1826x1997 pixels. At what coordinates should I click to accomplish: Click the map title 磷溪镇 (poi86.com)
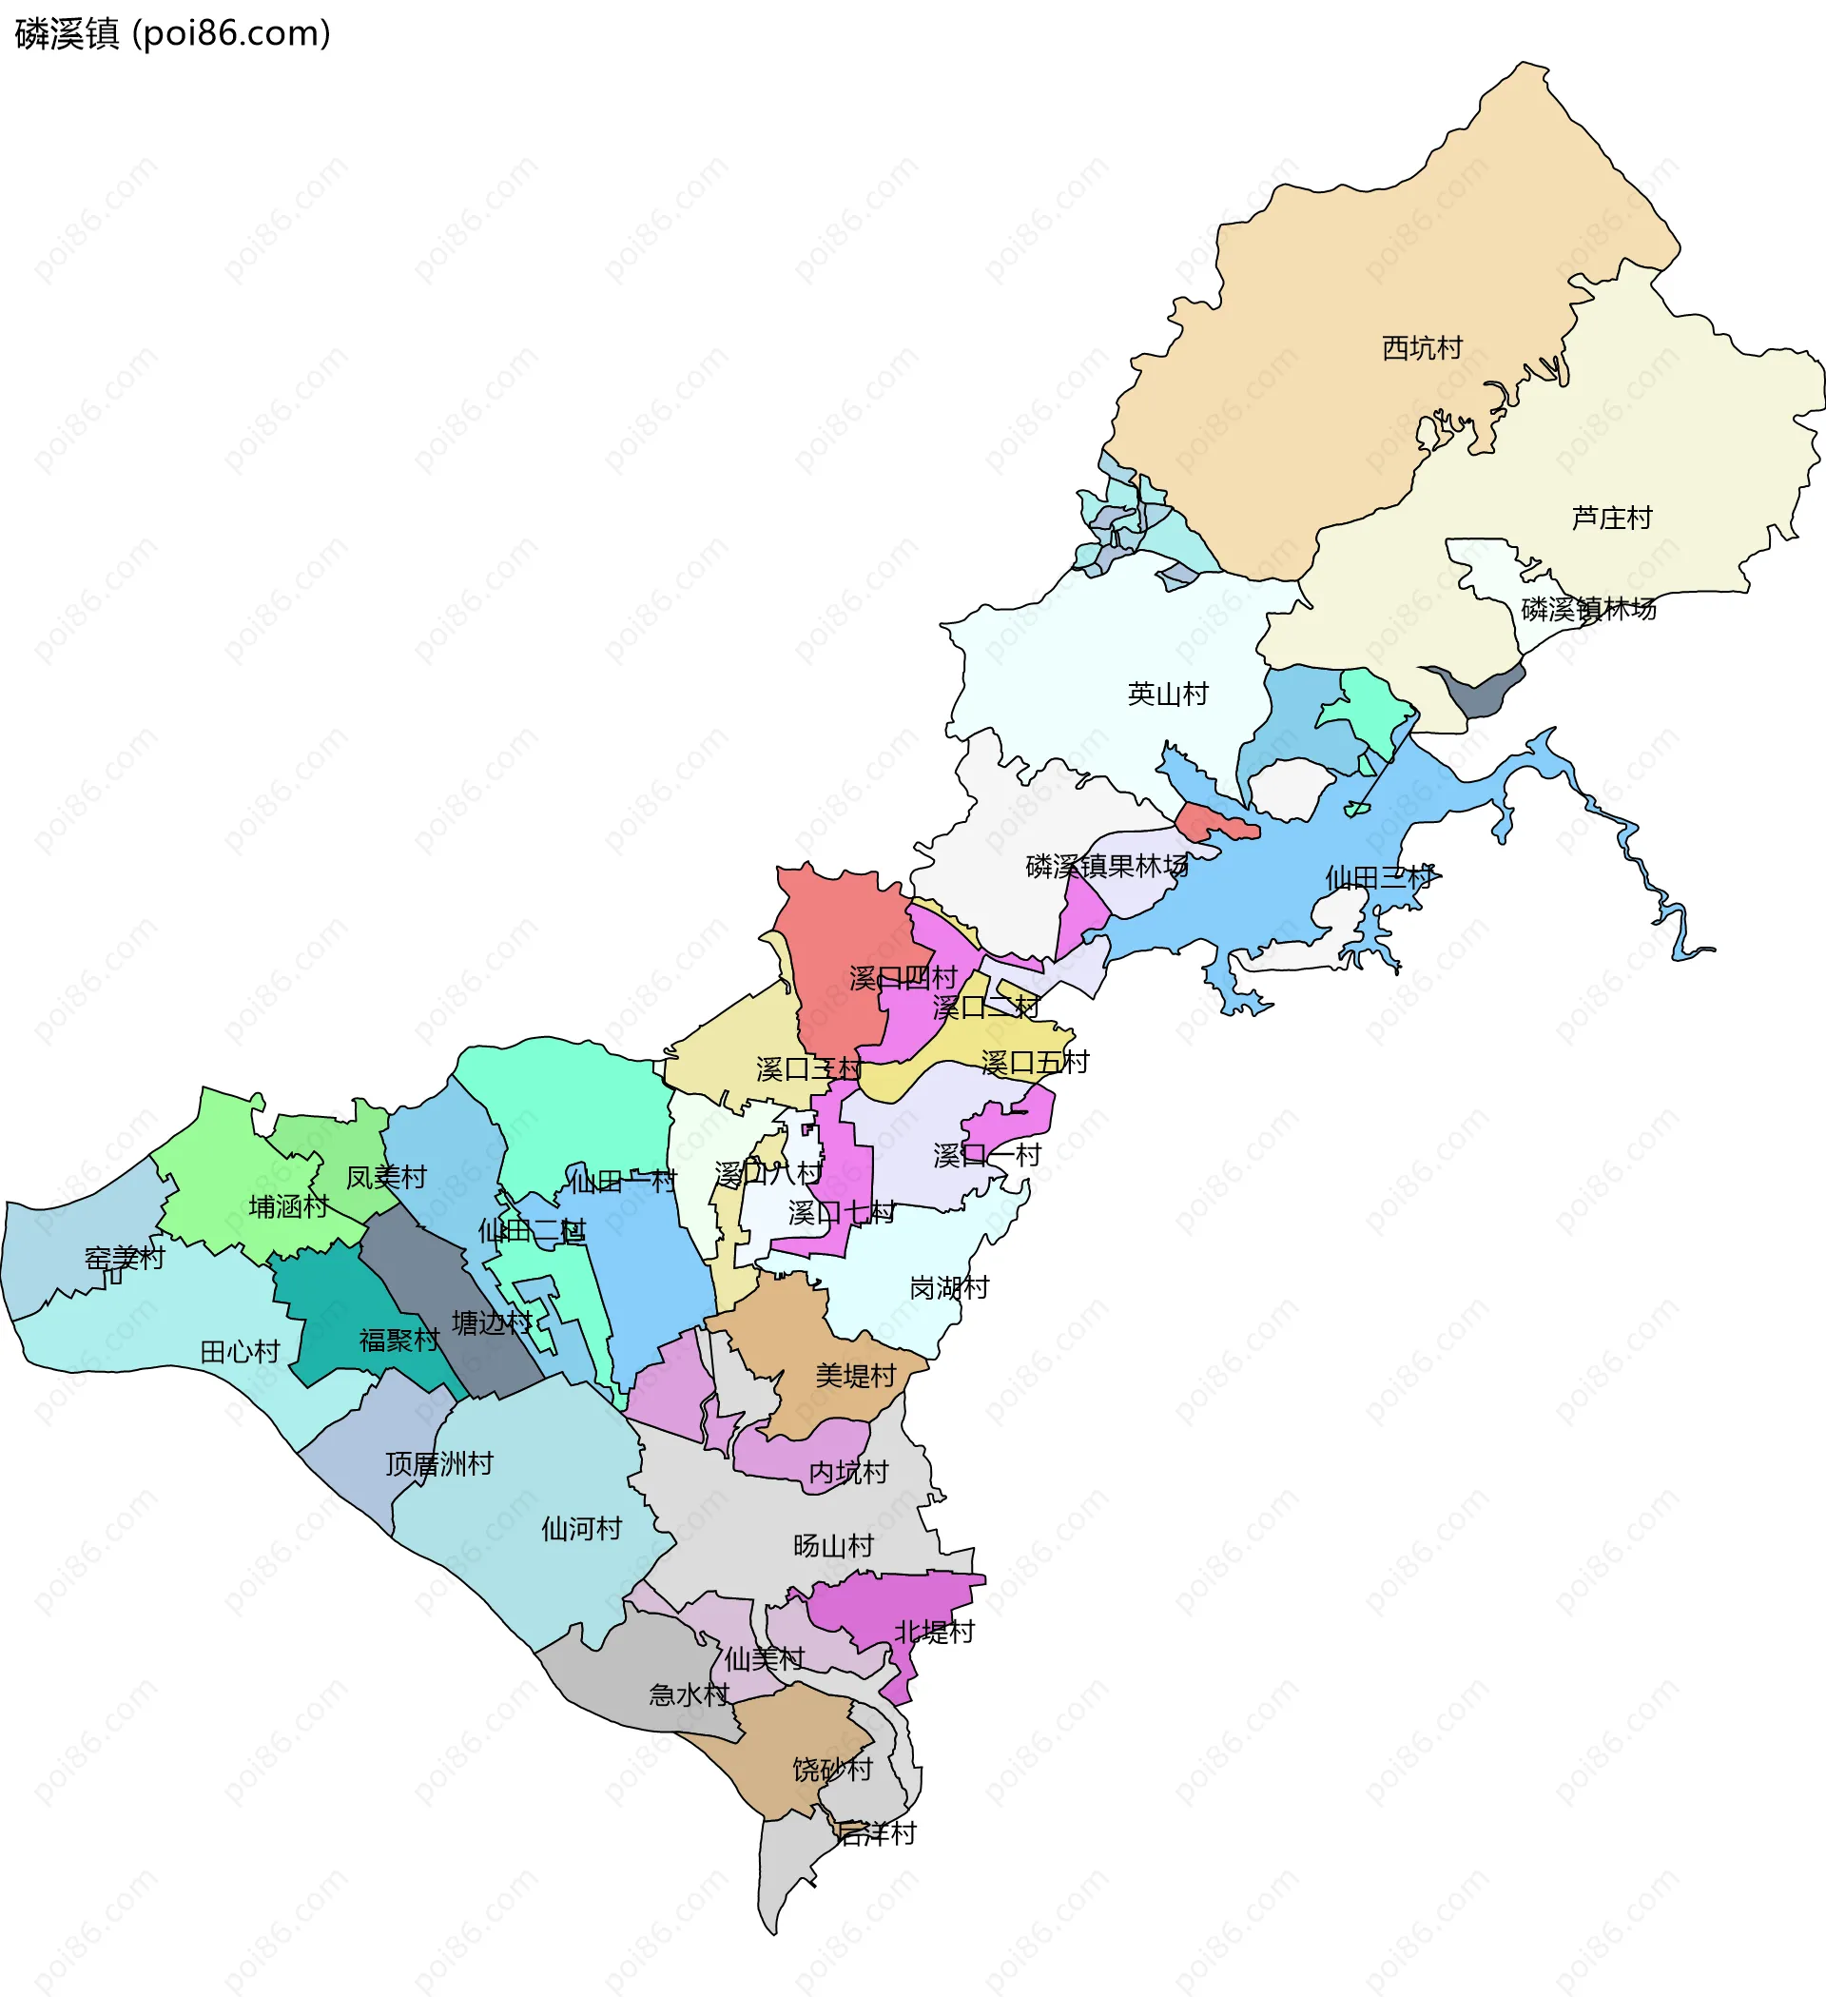coord(173,33)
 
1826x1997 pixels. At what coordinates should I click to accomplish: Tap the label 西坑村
coord(1422,347)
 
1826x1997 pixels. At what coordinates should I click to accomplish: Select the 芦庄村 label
coord(1611,519)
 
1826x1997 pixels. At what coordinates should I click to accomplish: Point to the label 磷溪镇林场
coord(1588,608)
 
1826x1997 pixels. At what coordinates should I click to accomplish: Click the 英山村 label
coord(1168,694)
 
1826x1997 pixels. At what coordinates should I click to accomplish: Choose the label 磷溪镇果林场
coord(1106,866)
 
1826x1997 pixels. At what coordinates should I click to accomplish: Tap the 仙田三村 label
coord(1378,876)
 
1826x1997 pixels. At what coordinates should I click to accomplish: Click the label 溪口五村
coord(1034,1063)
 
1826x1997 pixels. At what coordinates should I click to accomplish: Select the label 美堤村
coord(855,1375)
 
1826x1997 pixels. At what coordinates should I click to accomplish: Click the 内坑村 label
coord(847,1472)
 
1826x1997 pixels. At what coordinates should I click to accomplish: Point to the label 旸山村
coord(833,1545)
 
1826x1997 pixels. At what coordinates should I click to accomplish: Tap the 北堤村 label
coord(934,1632)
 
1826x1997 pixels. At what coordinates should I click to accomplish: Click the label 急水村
coord(689,1694)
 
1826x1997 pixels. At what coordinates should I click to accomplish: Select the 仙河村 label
coord(580,1529)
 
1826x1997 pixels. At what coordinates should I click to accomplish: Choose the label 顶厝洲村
coord(438,1463)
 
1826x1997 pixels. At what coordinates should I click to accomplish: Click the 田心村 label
coord(240,1351)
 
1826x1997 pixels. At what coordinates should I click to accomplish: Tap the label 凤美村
coord(385,1177)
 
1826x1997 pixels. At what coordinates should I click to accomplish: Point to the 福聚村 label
coord(398,1341)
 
